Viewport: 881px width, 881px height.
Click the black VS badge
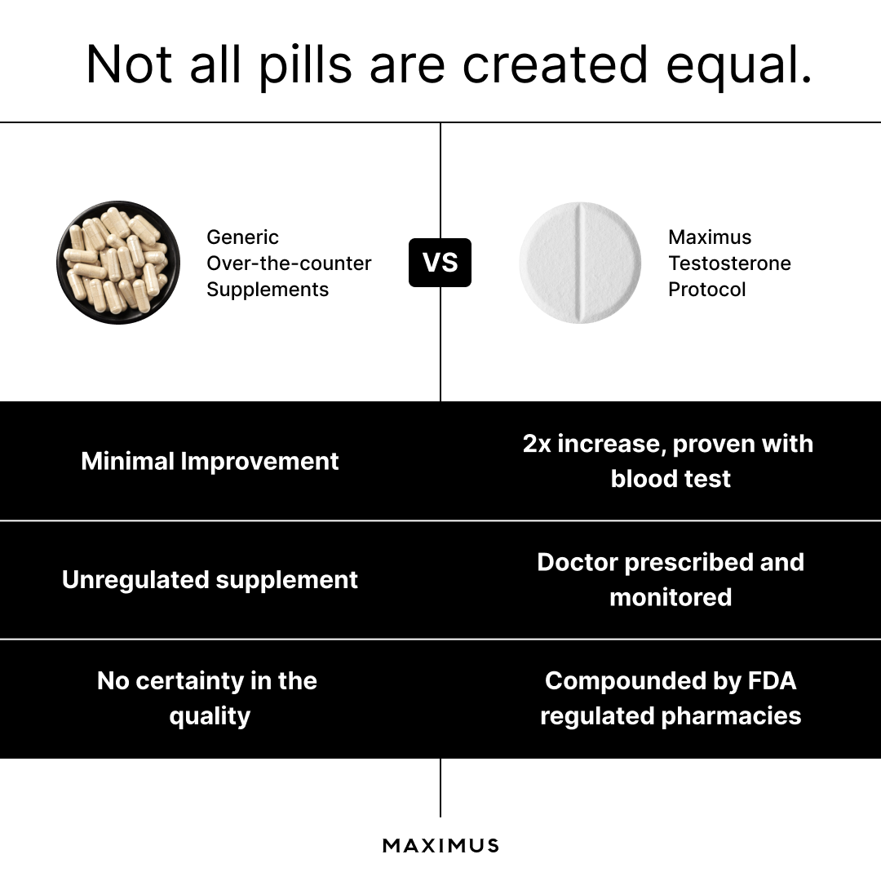[440, 263]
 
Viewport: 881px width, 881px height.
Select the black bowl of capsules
[117, 263]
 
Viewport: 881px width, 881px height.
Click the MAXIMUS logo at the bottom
[440, 845]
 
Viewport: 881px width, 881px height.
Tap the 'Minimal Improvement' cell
[210, 461]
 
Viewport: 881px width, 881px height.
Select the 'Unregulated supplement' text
[210, 579]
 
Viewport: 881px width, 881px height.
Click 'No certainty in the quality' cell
[207, 698]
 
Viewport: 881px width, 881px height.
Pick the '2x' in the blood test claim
[538, 444]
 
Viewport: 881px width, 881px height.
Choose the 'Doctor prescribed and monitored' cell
[671, 579]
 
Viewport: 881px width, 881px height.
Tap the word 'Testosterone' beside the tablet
[729, 263]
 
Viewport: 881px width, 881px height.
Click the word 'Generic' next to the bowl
[242, 237]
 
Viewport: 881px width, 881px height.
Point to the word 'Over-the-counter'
[289, 263]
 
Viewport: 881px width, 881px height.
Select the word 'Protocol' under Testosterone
[706, 290]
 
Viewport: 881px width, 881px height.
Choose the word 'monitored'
[671, 597]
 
